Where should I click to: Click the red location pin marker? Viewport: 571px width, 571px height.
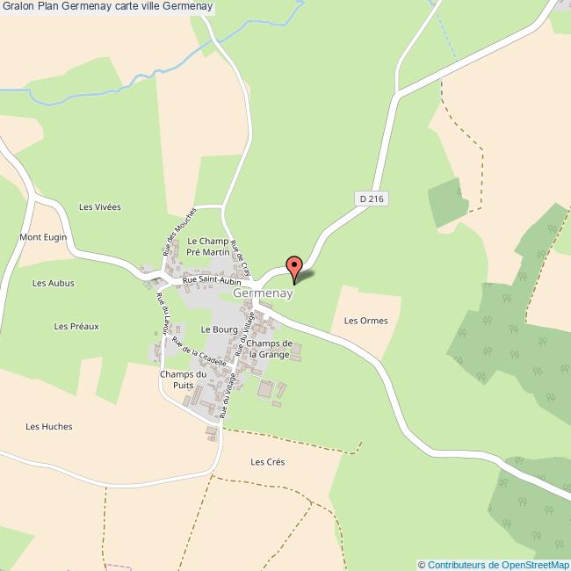coord(294,268)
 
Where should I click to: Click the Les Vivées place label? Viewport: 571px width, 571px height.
coord(99,207)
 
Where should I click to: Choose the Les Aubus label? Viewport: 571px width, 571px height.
coord(54,283)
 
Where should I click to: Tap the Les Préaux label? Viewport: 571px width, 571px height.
coord(76,326)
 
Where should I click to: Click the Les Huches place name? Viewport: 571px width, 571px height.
coord(49,426)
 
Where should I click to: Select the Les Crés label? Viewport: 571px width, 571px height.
coord(268,462)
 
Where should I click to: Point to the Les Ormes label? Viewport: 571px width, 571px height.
coord(365,321)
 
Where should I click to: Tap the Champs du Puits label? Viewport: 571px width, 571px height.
coord(183,380)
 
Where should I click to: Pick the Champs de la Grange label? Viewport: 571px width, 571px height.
coord(269,348)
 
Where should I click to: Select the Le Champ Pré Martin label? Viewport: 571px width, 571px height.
coord(207,246)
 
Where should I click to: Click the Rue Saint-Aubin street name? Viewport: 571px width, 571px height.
coord(211,281)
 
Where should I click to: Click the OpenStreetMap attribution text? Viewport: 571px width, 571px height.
coord(493,564)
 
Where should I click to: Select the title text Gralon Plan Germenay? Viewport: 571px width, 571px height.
coord(106,7)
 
